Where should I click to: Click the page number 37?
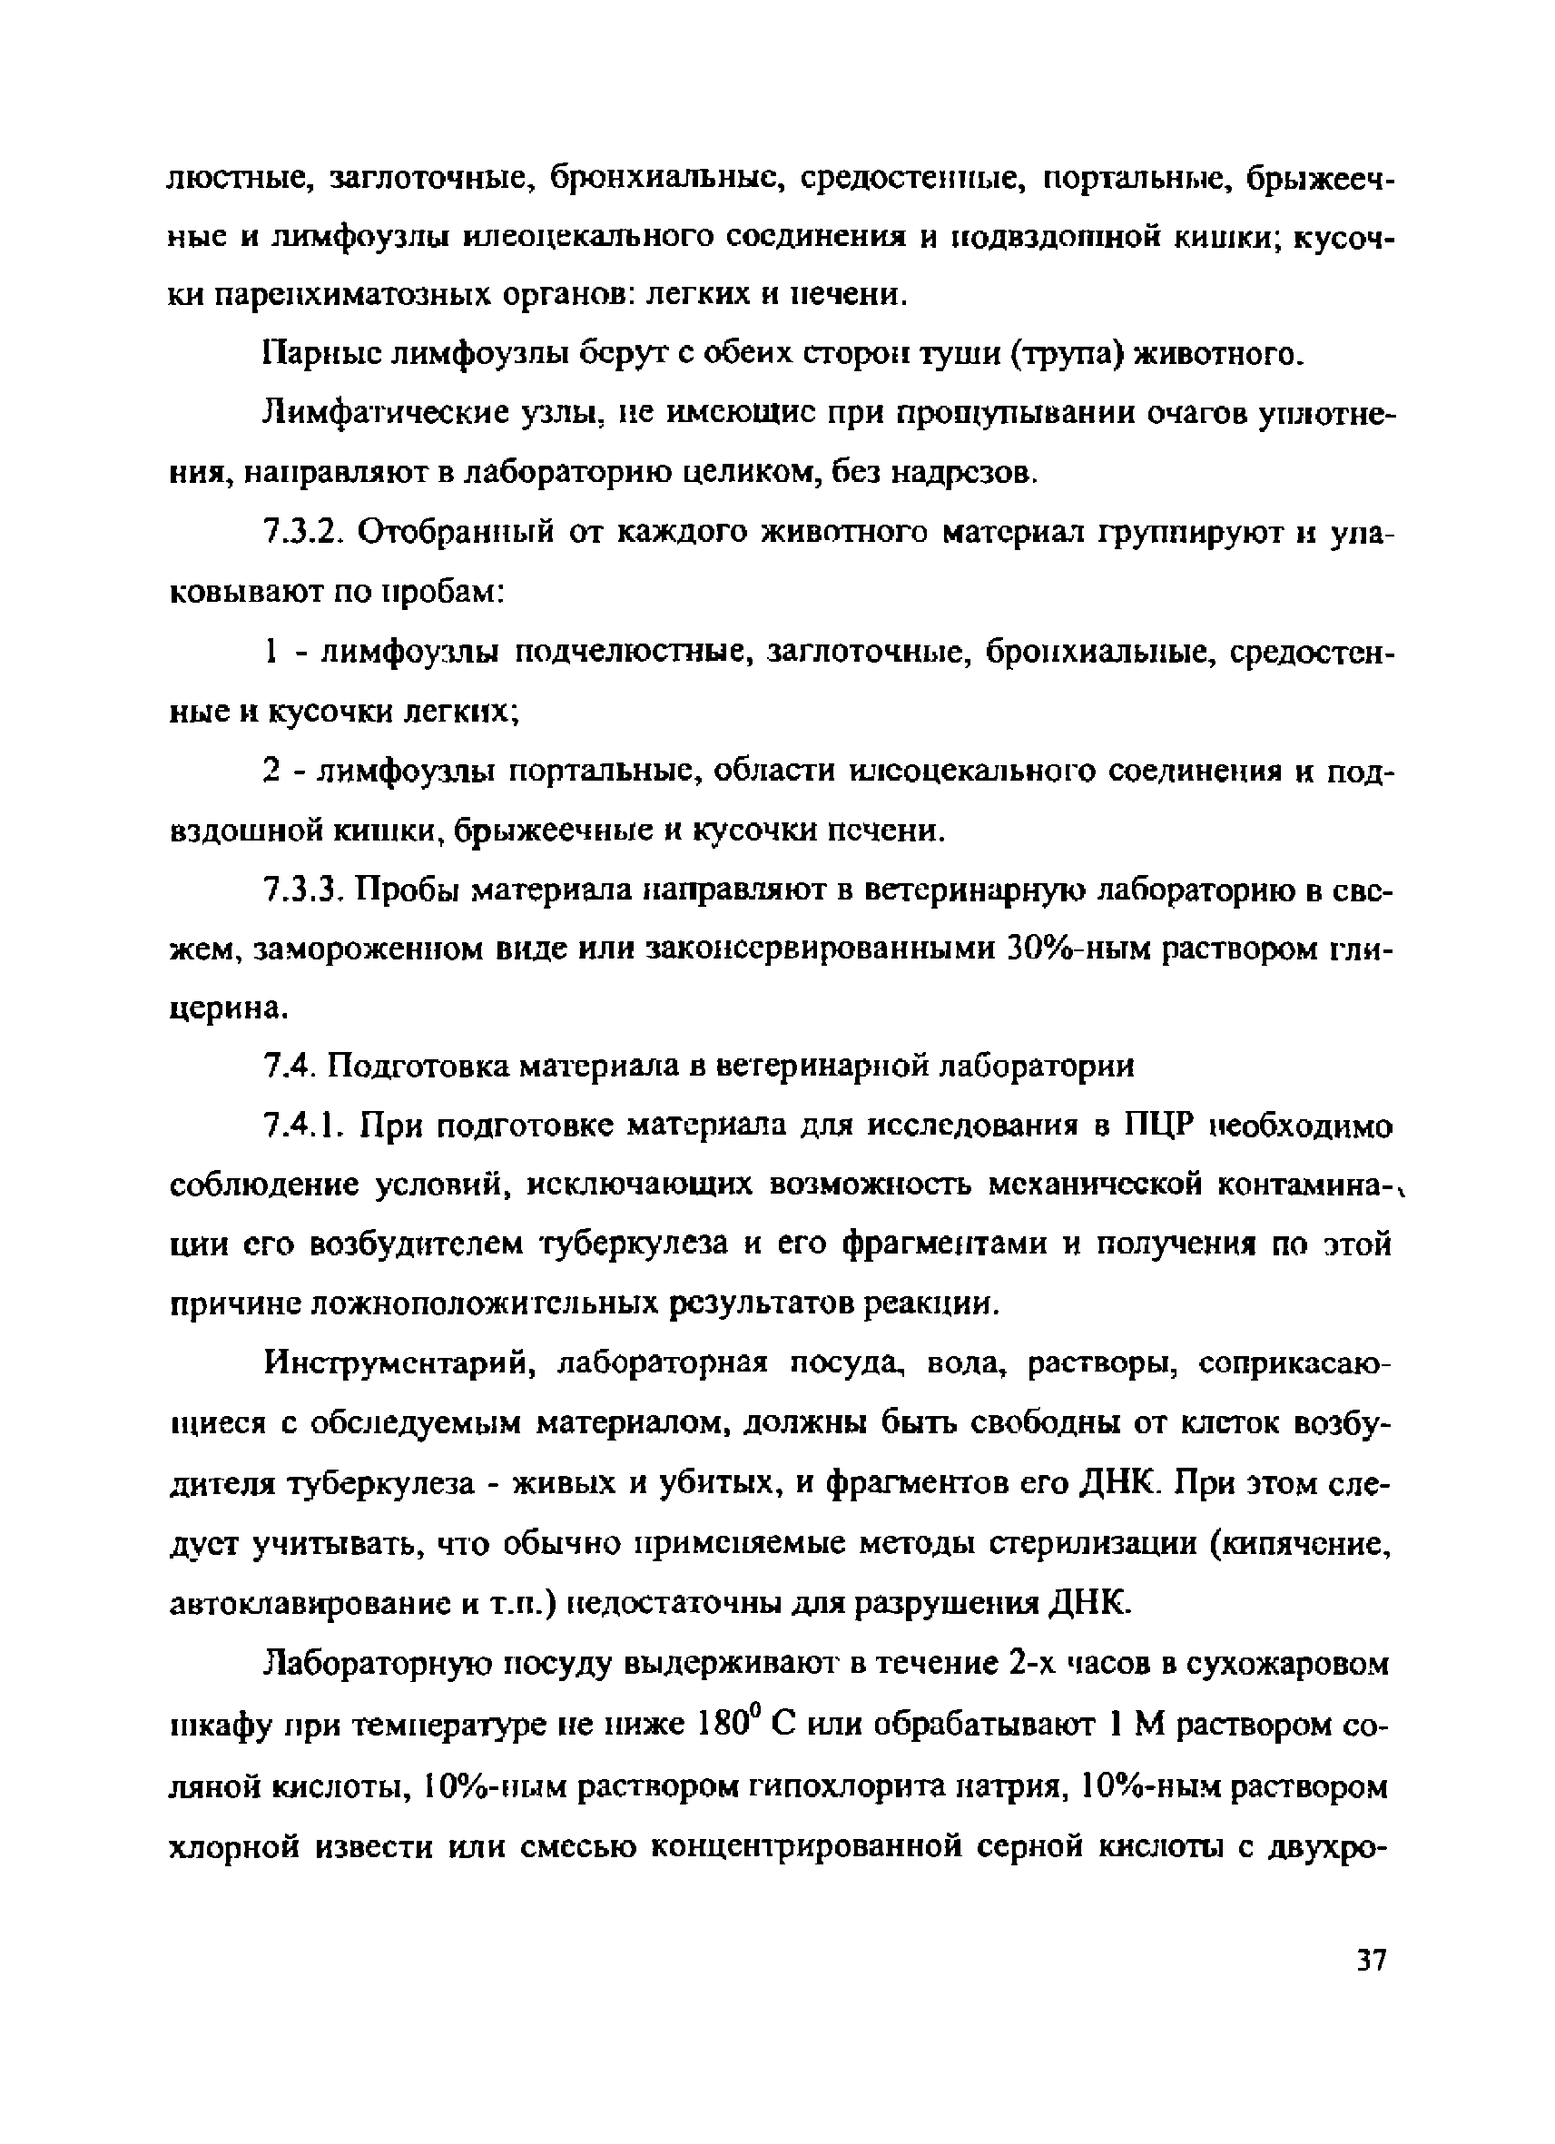coord(1371,1961)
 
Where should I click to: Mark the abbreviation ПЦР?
coord(1162,1126)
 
